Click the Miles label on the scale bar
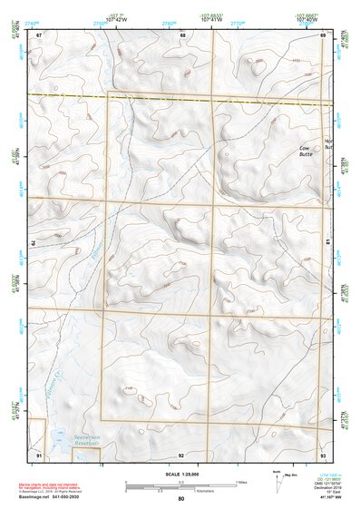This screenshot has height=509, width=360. point(243,481)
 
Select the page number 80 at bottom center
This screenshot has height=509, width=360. point(180,499)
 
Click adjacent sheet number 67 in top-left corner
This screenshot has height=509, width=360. point(40,34)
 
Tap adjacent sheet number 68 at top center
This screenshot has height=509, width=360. point(182,34)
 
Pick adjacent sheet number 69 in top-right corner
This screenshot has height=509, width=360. point(323,34)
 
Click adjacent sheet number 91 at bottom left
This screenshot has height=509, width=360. point(39,453)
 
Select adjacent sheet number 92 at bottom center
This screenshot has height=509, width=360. point(181,454)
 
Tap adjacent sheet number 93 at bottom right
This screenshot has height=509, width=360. point(323,453)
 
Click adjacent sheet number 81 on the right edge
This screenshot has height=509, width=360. point(326,242)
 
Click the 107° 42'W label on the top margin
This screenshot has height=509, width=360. point(114,18)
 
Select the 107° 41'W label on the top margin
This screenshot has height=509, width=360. point(213,18)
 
